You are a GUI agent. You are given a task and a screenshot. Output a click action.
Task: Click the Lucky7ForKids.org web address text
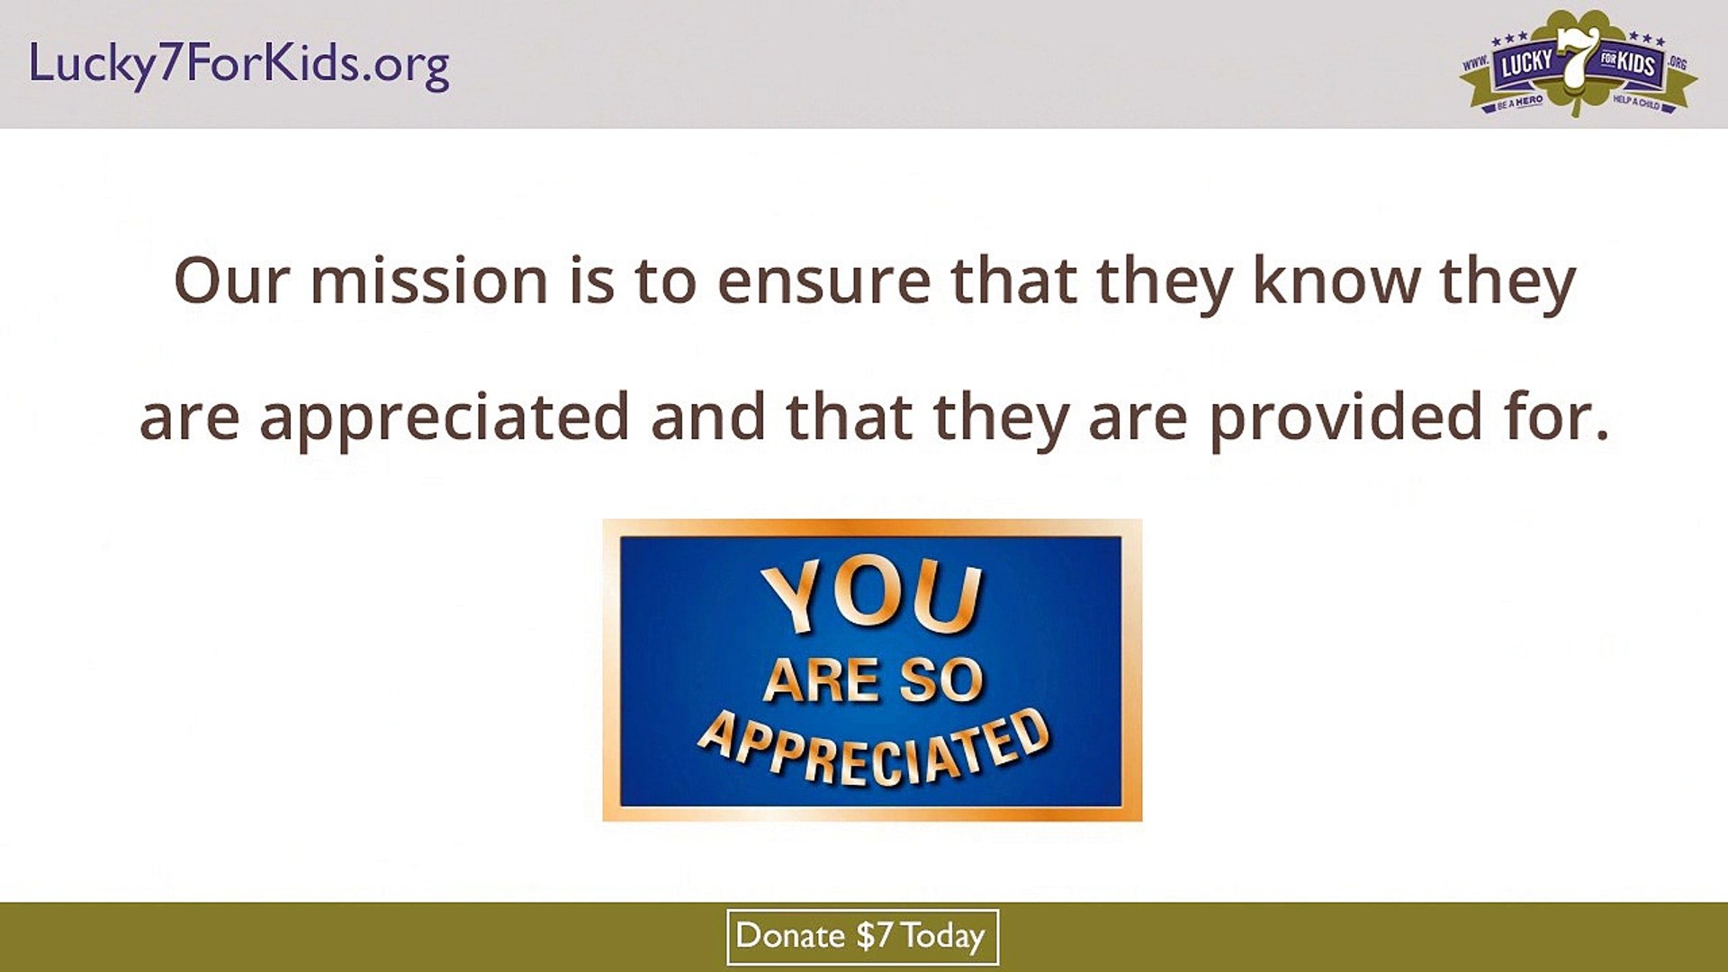pos(238,65)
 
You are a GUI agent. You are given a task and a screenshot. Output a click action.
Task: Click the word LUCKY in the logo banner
pos(1526,63)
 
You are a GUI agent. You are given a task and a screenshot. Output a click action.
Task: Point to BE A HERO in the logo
pos(1520,102)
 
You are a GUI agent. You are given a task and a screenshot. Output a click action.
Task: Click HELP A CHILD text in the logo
pos(1636,102)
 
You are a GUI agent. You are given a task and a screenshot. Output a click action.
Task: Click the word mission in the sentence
pos(428,282)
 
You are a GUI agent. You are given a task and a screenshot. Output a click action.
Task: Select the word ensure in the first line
pos(823,282)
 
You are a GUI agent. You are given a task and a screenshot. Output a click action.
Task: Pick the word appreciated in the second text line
pos(444,418)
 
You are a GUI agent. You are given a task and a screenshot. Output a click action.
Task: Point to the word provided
pos(1345,418)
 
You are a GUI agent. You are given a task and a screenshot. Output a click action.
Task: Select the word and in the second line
pos(707,418)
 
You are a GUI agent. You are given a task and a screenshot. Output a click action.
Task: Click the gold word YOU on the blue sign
pos(871,596)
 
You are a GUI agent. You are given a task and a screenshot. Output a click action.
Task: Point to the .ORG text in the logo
pos(1677,63)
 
